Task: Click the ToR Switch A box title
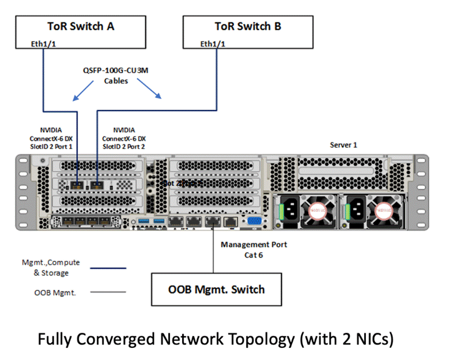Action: (x=80, y=26)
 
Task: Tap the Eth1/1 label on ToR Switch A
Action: (x=43, y=44)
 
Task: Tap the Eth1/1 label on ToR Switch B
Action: (x=213, y=44)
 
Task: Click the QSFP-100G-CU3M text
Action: (x=116, y=71)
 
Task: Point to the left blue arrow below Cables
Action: (x=83, y=91)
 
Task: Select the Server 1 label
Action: (x=344, y=145)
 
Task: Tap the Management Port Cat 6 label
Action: (x=253, y=249)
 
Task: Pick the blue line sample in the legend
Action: (x=110, y=268)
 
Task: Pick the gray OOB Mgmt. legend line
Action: (x=110, y=292)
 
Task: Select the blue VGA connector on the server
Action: (x=255, y=221)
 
